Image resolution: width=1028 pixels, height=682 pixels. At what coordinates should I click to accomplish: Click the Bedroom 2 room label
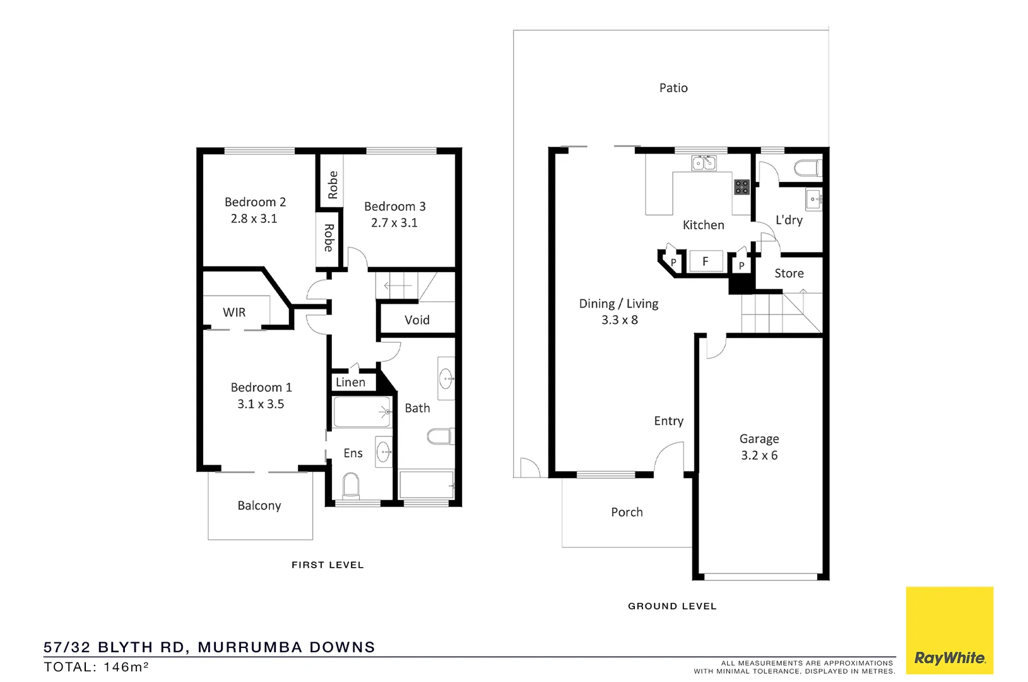[x=255, y=202]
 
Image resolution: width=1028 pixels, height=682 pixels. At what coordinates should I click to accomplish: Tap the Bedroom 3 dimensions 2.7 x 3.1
[x=394, y=223]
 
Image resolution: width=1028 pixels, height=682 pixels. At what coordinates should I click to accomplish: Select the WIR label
[x=234, y=313]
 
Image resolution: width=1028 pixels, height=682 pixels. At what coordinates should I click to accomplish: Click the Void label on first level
[x=417, y=320]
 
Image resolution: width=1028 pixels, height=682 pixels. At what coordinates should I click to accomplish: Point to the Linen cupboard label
[x=350, y=382]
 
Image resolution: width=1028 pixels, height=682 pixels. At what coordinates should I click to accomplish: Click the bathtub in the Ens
[x=362, y=412]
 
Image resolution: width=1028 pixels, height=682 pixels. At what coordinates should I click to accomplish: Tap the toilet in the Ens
[x=351, y=487]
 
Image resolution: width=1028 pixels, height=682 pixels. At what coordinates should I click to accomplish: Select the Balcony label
[x=259, y=506]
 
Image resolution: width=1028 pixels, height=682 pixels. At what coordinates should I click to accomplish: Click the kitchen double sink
[x=704, y=164]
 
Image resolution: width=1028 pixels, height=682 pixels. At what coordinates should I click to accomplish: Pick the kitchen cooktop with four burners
[x=741, y=187]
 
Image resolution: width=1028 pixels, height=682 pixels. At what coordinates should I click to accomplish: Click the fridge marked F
[x=706, y=261]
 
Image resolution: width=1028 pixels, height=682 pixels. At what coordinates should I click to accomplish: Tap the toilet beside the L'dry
[x=807, y=169]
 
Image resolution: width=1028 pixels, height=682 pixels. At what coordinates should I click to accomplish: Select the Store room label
[x=789, y=273]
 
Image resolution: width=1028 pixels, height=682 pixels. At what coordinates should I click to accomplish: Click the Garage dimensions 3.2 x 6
[x=759, y=455]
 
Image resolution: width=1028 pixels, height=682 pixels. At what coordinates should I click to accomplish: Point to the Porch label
[x=627, y=512]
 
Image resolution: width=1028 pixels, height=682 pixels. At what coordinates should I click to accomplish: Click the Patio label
[x=673, y=88]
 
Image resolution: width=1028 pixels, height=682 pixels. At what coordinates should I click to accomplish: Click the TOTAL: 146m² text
[x=96, y=667]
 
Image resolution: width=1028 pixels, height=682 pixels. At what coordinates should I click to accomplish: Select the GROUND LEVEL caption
[x=672, y=606]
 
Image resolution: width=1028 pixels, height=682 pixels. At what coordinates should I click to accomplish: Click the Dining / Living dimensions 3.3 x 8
[x=619, y=320]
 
